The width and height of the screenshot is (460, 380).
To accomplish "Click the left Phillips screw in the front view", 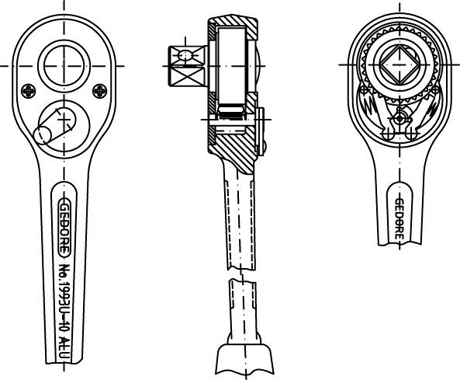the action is click(x=29, y=91).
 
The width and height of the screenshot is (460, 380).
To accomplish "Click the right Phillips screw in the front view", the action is click(x=100, y=91).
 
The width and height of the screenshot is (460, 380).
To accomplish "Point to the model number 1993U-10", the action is click(x=64, y=308).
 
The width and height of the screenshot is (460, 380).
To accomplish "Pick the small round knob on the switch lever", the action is click(x=43, y=135).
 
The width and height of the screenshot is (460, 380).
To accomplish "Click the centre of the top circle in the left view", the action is click(x=64, y=66).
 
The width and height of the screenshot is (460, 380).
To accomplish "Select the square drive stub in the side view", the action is click(x=188, y=66).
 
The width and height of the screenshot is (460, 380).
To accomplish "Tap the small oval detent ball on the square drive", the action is click(x=185, y=55).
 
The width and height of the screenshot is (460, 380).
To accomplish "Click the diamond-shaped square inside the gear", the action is click(x=399, y=64).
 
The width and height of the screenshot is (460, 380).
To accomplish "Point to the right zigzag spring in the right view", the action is click(x=431, y=106).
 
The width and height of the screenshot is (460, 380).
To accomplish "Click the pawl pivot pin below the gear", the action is click(x=399, y=119).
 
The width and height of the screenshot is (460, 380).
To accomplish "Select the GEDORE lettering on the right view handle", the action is click(x=399, y=219).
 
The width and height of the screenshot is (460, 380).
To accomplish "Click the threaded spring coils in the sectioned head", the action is click(x=231, y=113).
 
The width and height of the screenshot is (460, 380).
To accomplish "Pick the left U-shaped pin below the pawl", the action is click(x=387, y=134).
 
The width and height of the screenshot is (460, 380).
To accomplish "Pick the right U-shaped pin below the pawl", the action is click(x=411, y=134).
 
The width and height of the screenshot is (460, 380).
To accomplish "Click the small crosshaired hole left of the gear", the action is click(x=364, y=89).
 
